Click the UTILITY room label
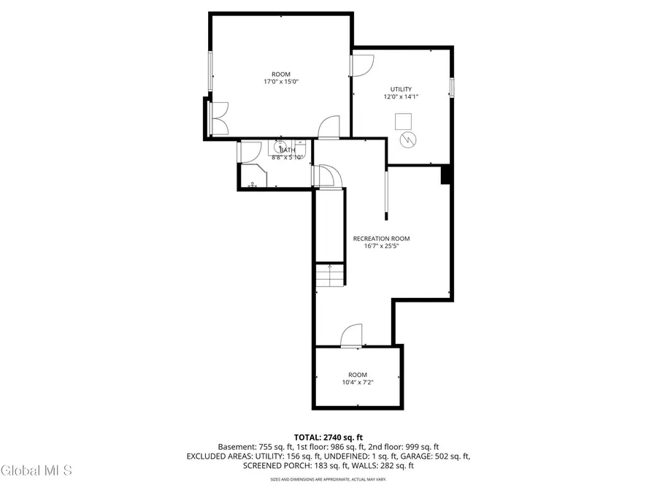401,89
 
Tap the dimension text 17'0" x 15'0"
281,82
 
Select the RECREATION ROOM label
381,238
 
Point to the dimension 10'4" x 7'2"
358,383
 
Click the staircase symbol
330,275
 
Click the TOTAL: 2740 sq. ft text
328,437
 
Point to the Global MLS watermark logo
36,471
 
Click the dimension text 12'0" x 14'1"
401,96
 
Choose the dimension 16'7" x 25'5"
381,246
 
